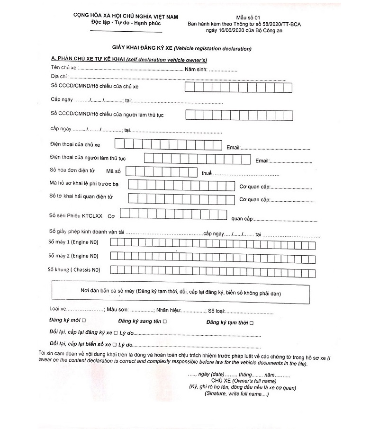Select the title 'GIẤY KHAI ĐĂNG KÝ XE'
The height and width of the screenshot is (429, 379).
142,48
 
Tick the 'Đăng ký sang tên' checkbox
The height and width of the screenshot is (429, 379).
164,322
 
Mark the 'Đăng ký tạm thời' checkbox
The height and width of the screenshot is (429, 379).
252,323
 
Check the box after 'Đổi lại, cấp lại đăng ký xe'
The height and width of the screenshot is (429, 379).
115,333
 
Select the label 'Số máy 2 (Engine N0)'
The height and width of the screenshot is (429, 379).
73,256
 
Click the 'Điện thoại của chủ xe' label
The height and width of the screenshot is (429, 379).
75,144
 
